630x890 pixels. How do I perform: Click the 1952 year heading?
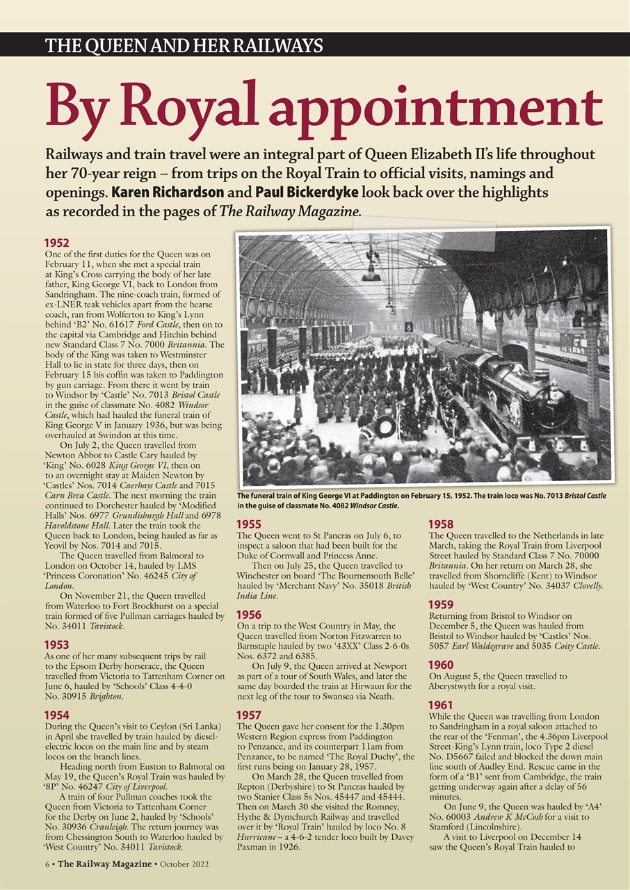tap(56, 243)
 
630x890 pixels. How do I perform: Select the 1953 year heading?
tap(56, 645)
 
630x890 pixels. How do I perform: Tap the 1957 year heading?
tap(249, 715)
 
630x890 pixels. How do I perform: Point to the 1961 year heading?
tap(441, 705)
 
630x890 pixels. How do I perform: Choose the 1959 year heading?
tap(441, 605)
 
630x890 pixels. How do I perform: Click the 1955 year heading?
tap(249, 525)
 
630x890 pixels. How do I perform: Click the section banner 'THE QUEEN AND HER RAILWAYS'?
tap(184, 47)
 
